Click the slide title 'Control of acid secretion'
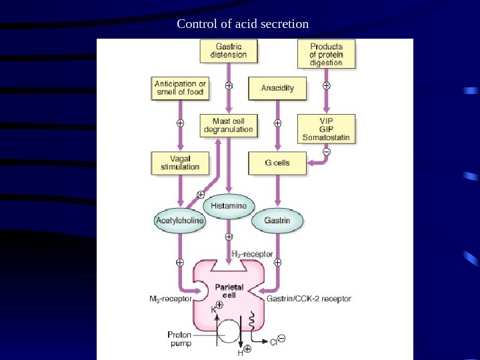[x=243, y=25]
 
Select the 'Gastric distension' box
[x=229, y=51]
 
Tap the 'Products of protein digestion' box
[x=326, y=54]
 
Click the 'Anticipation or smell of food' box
[x=179, y=88]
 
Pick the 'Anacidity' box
[x=277, y=88]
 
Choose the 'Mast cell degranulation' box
[x=229, y=125]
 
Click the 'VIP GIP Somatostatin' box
[x=326, y=129]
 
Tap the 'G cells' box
[x=277, y=163]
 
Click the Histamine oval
[x=229, y=206]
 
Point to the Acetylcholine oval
[x=179, y=219]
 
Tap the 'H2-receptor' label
[x=251, y=254]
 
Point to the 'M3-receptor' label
[x=170, y=299]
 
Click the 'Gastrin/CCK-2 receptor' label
[x=309, y=299]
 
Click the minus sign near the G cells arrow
[x=326, y=152]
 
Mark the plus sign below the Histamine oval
[x=229, y=236]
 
